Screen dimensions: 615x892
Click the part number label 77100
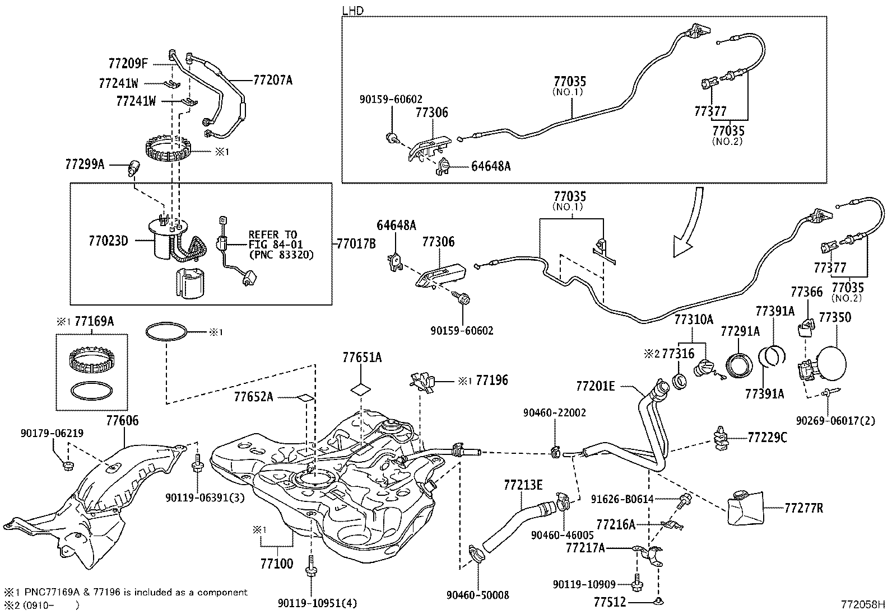point(276,564)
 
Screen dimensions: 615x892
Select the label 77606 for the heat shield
point(122,421)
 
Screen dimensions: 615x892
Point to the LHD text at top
point(352,10)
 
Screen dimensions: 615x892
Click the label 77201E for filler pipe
point(595,386)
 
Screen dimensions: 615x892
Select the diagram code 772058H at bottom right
point(861,604)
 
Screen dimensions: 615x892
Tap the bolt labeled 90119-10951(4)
point(309,576)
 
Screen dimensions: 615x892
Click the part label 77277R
point(803,508)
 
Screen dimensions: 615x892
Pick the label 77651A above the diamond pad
point(362,358)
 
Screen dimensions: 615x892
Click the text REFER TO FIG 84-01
point(273,240)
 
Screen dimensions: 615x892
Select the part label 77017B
point(356,244)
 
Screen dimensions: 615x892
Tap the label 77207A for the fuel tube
point(273,80)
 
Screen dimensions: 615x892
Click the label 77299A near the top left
point(85,165)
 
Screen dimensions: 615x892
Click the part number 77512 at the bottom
point(609,602)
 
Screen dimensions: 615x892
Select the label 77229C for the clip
point(767,438)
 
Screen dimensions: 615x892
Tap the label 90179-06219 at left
point(52,433)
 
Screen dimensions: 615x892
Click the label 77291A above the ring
point(740,331)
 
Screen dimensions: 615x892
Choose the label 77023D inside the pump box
point(108,241)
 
